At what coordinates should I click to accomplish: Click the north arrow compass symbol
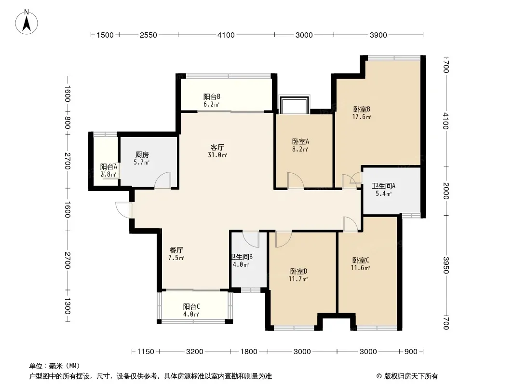27,22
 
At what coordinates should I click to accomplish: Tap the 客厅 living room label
217,147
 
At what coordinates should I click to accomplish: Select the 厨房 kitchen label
142,154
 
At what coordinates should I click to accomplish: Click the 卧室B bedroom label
362,109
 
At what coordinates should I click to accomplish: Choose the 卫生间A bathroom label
383,186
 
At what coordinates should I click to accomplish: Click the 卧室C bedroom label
361,261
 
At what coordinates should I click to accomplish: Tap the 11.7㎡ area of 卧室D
298,279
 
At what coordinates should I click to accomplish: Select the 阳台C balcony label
191,307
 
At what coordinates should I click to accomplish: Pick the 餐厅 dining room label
176,250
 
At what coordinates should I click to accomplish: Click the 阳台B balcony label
212,97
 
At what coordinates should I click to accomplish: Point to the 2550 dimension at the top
148,35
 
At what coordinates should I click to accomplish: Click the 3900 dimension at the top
379,35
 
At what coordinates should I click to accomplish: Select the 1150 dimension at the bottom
146,352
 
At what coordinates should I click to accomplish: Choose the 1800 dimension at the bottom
249,352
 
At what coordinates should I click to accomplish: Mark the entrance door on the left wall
124,210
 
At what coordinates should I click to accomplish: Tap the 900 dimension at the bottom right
411,352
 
